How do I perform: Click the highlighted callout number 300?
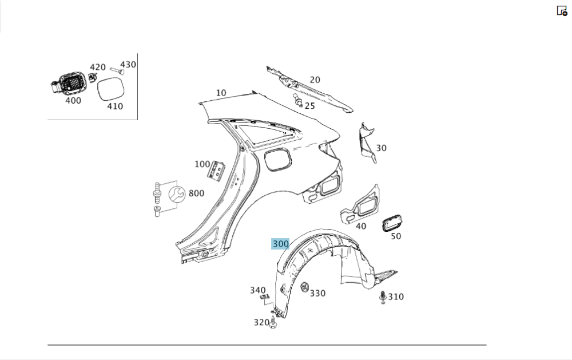pyautogui.click(x=281, y=244)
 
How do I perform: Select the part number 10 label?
pyautogui.click(x=221, y=93)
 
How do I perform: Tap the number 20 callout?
pyautogui.click(x=315, y=80)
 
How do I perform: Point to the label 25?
pyautogui.click(x=309, y=106)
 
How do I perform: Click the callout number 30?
pyautogui.click(x=381, y=148)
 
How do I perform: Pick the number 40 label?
pyautogui.click(x=361, y=226)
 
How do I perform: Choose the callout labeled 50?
pyautogui.click(x=396, y=236)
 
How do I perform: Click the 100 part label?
pyautogui.click(x=202, y=164)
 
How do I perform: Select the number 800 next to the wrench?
pyautogui.click(x=196, y=193)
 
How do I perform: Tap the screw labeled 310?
pyautogui.click(x=383, y=297)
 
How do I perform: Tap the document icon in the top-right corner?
pyautogui.click(x=562, y=10)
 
